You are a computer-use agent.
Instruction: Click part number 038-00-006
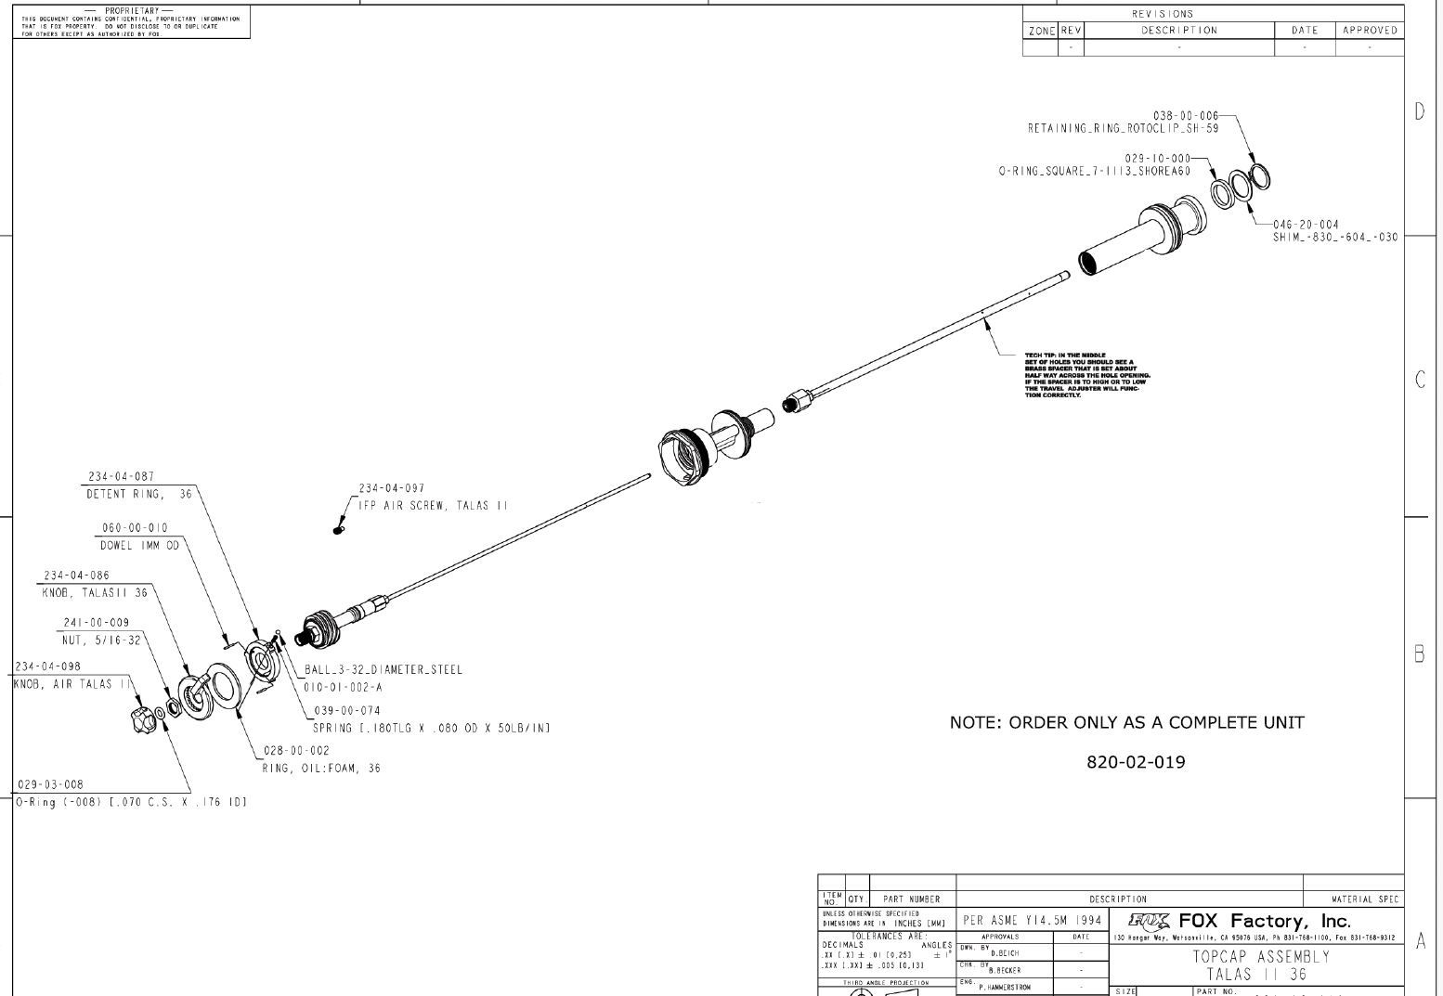1185,116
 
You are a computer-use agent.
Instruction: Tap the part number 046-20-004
1306,225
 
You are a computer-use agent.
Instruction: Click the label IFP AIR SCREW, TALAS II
434,506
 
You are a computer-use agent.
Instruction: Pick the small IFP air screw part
338,530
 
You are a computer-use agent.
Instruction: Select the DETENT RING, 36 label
139,495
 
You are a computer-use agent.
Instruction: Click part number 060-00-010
135,528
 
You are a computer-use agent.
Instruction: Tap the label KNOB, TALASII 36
95,592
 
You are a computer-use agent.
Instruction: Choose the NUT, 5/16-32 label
102,640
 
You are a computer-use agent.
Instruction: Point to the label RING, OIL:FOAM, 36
321,768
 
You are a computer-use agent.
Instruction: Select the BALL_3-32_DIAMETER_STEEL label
383,669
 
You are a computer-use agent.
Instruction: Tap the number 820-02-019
1136,763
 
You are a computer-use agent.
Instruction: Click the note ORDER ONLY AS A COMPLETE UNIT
1126,722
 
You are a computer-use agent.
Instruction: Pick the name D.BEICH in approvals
1005,953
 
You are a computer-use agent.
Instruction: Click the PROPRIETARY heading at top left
134,10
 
